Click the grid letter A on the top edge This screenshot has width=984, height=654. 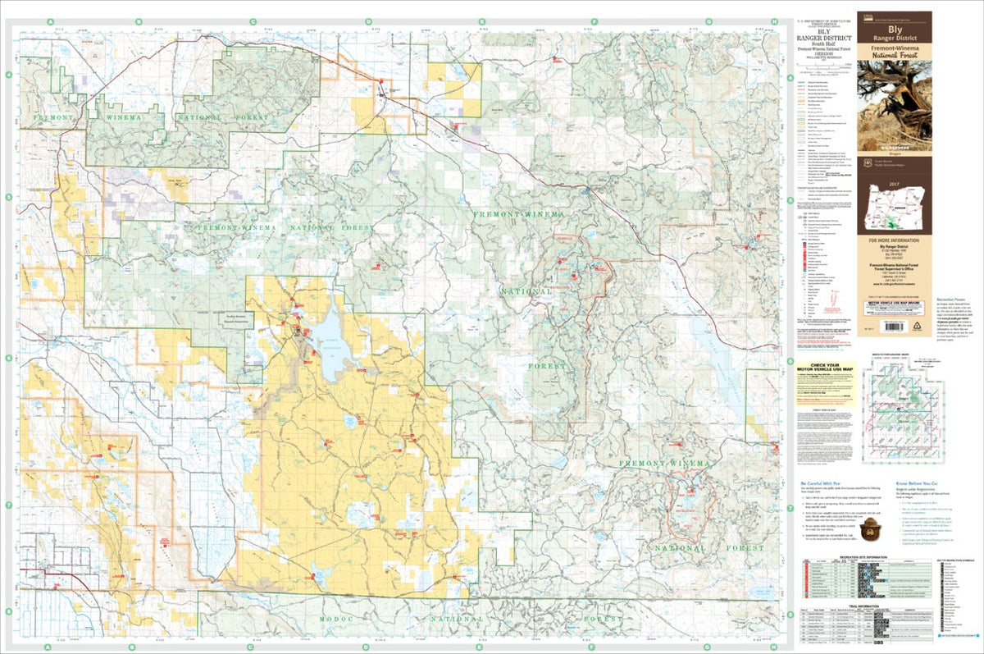coord(50,21)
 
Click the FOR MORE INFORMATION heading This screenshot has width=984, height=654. coord(894,240)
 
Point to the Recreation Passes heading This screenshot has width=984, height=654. coord(953,300)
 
